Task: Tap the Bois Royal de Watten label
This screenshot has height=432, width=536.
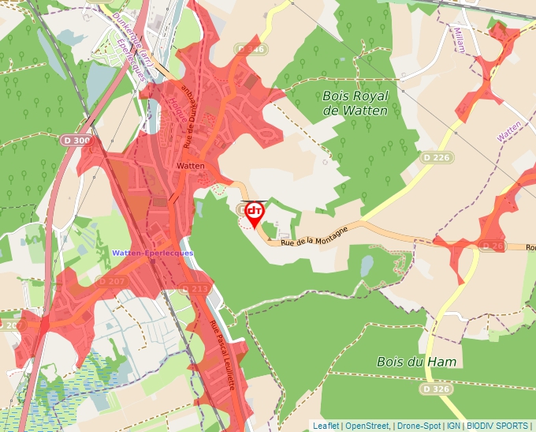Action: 355,103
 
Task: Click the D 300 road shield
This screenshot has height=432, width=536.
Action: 76,140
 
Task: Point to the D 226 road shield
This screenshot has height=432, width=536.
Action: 435,157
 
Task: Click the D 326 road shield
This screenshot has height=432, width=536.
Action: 436,389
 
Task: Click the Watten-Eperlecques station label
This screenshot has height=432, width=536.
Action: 152,253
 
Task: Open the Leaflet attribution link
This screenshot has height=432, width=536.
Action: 326,426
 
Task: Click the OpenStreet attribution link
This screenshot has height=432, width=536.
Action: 367,426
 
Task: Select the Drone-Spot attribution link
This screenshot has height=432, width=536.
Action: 418,426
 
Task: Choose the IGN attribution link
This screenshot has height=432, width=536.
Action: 453,426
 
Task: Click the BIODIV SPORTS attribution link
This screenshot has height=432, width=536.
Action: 497,426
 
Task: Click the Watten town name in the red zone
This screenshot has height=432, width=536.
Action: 191,166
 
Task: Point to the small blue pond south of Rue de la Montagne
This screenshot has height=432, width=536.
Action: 367,265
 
